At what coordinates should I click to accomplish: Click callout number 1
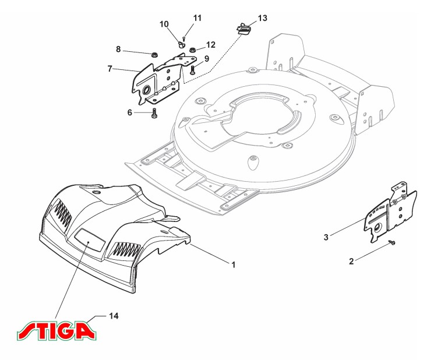[233, 264]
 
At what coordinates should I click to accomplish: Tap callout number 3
[326, 237]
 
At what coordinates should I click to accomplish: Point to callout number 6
[130, 112]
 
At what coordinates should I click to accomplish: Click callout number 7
[110, 68]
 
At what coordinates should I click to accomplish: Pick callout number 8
[118, 50]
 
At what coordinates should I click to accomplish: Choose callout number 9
[206, 58]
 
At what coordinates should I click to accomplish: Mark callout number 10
[164, 24]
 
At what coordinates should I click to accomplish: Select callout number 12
[210, 44]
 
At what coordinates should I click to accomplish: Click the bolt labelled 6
[154, 113]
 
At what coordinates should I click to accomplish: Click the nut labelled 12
[193, 49]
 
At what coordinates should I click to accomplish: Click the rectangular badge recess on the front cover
[90, 238]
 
